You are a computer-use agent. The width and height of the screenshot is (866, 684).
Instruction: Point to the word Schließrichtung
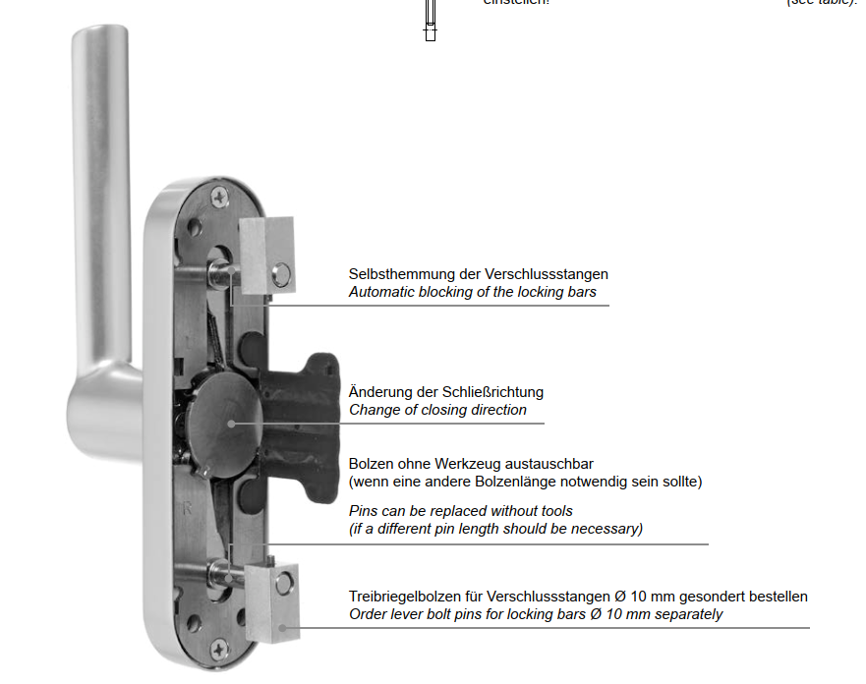[x=491, y=391]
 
